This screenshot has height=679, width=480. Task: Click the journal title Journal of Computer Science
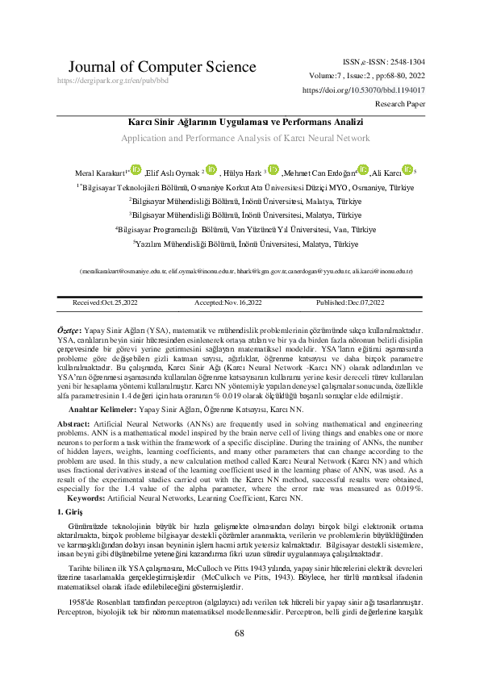tap(141, 66)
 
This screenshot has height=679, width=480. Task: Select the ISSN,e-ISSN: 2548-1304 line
tap(384, 61)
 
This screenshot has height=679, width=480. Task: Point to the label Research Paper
tap(401, 104)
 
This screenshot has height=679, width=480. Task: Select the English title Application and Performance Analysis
tap(240, 139)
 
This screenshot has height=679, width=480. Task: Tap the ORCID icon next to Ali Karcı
tap(408, 169)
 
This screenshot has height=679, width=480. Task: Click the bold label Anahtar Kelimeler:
tap(102, 410)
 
